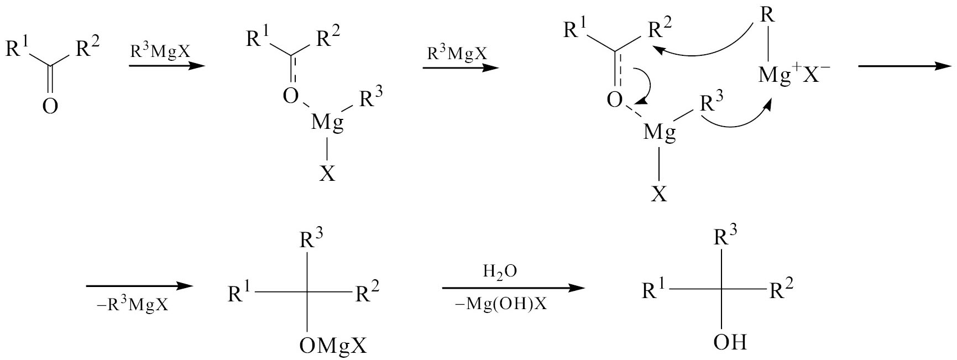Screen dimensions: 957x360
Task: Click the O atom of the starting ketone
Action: click(50, 105)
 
